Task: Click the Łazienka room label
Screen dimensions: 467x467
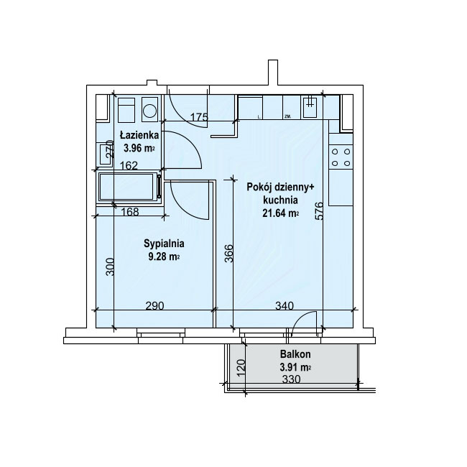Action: click(139, 136)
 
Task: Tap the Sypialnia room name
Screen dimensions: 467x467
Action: click(164, 244)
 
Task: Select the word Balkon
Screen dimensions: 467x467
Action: click(295, 354)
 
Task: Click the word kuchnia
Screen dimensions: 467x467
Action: click(280, 200)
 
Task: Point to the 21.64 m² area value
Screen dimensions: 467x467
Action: click(280, 213)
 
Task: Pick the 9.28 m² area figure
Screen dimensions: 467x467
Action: click(164, 256)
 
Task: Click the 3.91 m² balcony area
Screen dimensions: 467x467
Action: click(295, 368)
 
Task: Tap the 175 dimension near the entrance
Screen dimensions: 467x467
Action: click(199, 117)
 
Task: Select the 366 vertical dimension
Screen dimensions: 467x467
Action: click(228, 253)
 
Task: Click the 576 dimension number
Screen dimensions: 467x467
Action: click(319, 211)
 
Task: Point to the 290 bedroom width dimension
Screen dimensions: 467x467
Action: click(155, 305)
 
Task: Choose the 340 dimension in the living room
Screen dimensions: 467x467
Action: click(285, 305)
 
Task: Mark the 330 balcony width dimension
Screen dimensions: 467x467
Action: click(291, 379)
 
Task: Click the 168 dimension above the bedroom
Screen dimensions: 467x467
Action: click(131, 211)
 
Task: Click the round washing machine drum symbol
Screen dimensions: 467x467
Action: click(149, 111)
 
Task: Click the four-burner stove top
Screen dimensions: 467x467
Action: click(341, 157)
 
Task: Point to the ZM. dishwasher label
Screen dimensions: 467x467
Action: click(287, 116)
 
